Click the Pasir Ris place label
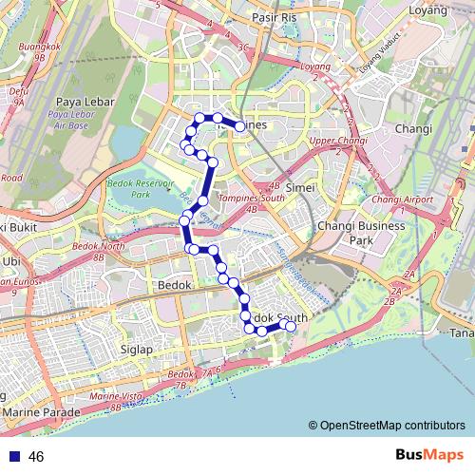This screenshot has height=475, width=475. [276, 17]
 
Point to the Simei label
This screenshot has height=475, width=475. [299, 188]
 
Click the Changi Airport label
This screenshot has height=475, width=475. [402, 199]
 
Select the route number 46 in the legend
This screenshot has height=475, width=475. [37, 457]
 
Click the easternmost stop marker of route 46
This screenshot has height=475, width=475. [291, 327]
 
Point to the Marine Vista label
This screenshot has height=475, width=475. [115, 395]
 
